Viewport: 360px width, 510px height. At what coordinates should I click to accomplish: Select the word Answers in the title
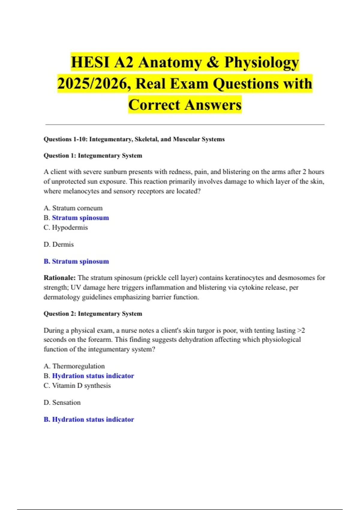pos(213,105)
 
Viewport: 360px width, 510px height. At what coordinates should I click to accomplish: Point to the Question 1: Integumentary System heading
pos(93,156)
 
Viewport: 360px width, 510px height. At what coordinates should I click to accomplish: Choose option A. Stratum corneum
pos(73,208)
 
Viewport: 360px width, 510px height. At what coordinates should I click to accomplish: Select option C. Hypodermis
pos(66,227)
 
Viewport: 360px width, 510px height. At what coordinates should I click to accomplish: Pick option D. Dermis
pos(58,244)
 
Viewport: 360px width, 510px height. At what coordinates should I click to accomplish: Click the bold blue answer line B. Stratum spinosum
pos(76,261)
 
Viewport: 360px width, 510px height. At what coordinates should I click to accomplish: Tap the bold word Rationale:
pos(59,278)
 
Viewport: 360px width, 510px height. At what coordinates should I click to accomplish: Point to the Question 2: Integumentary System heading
pos(93,314)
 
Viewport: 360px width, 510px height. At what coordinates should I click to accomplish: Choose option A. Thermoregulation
pos(74,366)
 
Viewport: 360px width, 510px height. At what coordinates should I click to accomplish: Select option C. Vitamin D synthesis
pos(77,385)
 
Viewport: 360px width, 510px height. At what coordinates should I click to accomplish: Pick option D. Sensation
pos(62,403)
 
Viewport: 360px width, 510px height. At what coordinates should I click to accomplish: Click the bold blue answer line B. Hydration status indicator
pos(89,419)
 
